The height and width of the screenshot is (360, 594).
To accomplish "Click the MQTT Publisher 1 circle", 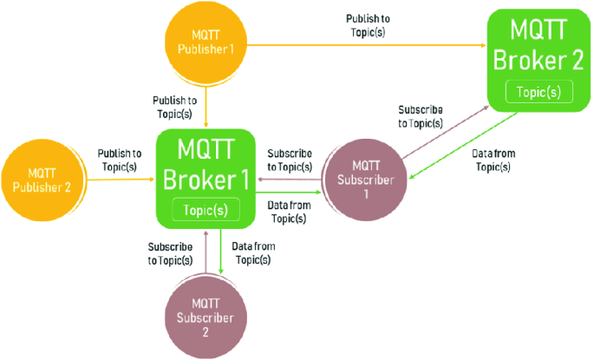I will pos(206,41).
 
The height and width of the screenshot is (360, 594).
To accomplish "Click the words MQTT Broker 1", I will pos(205,165).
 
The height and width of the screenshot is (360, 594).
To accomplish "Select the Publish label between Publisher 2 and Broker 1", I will pos(120,160).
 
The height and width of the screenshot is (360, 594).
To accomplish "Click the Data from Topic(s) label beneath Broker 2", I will pos(493,160).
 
